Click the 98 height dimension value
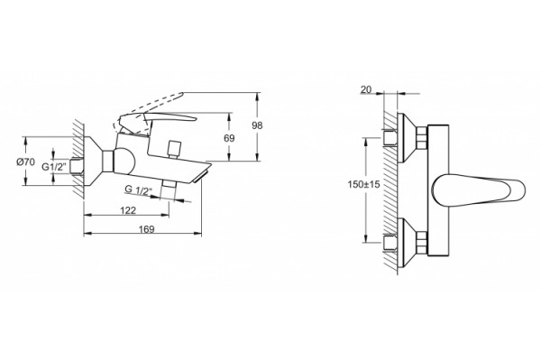(257, 125)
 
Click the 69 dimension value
(229, 138)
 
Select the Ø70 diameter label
(26, 162)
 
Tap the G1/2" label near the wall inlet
(54, 167)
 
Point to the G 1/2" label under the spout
(138, 190)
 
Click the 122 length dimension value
(128, 210)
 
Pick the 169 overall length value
(147, 228)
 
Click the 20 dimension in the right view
(366, 89)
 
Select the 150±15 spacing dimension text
(363, 184)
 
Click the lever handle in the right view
(479, 190)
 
